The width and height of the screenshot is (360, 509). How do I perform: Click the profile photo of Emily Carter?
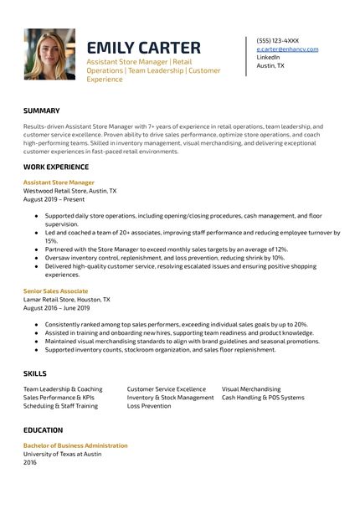point(49,54)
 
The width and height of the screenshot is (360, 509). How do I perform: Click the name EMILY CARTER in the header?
point(143,47)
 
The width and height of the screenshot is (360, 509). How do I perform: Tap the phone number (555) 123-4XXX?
point(277,40)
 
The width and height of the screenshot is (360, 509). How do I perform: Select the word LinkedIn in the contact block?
point(269,57)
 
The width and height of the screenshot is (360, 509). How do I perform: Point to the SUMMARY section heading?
point(42,111)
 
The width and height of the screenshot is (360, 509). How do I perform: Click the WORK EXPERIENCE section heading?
point(56,167)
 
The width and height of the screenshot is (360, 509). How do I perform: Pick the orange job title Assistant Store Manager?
point(59,182)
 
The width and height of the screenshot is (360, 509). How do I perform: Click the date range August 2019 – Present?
point(54,198)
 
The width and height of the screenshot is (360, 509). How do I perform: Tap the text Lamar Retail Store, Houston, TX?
point(66,299)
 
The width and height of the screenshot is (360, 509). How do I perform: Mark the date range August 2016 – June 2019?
point(55,307)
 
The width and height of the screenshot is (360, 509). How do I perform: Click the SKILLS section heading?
point(35,373)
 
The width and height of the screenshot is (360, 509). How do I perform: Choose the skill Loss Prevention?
point(149,406)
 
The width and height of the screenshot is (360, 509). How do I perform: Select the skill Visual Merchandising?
point(251,389)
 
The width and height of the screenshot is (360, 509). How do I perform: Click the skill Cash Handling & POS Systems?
point(263,398)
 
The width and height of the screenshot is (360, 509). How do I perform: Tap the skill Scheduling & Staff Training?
point(60,406)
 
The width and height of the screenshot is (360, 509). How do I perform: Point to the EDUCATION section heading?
point(44,430)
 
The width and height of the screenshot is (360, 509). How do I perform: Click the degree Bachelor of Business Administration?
point(75,445)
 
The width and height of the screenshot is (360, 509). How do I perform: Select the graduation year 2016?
point(30,462)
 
